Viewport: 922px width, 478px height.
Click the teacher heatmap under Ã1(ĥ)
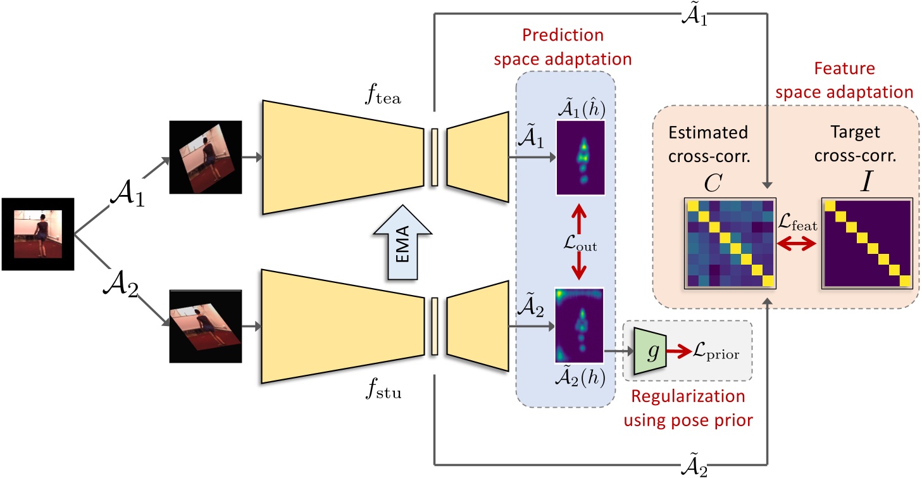click(580, 156)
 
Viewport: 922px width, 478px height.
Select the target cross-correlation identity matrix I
click(866, 243)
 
